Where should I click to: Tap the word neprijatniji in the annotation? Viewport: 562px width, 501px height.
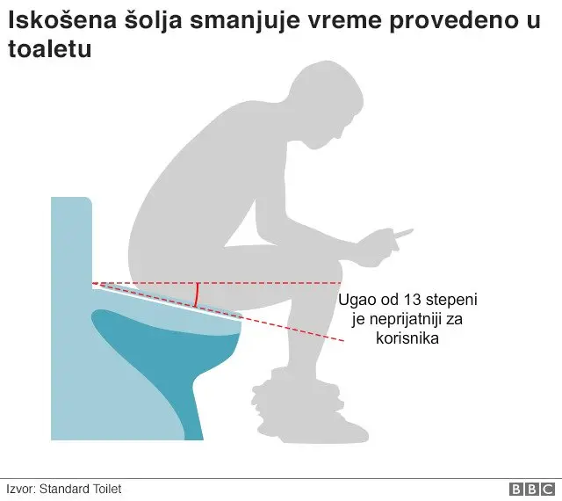click(399, 319)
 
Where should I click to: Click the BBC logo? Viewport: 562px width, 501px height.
click(532, 489)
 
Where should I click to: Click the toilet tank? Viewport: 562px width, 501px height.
click(70, 237)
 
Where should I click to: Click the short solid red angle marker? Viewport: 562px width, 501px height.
click(197, 295)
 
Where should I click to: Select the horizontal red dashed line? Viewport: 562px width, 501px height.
click(263, 284)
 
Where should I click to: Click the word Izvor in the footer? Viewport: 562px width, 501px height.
click(18, 489)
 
